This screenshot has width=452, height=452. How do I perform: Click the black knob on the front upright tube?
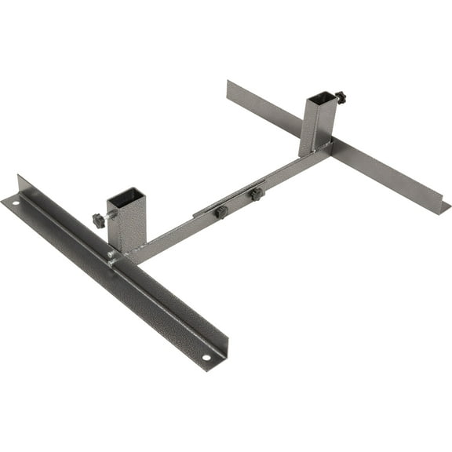tap(99, 221)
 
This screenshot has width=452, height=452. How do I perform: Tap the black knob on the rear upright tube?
tap(340, 97)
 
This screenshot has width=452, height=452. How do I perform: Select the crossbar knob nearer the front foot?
tap(221, 212)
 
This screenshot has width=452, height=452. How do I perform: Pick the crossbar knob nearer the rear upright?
tap(256, 194)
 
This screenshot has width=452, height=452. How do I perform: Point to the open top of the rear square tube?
tap(321, 99)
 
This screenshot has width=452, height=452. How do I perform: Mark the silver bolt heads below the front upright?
tap(114, 256)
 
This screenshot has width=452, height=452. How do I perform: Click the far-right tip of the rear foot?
tap(446, 208)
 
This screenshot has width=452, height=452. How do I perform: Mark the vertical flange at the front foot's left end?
tap(24, 188)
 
